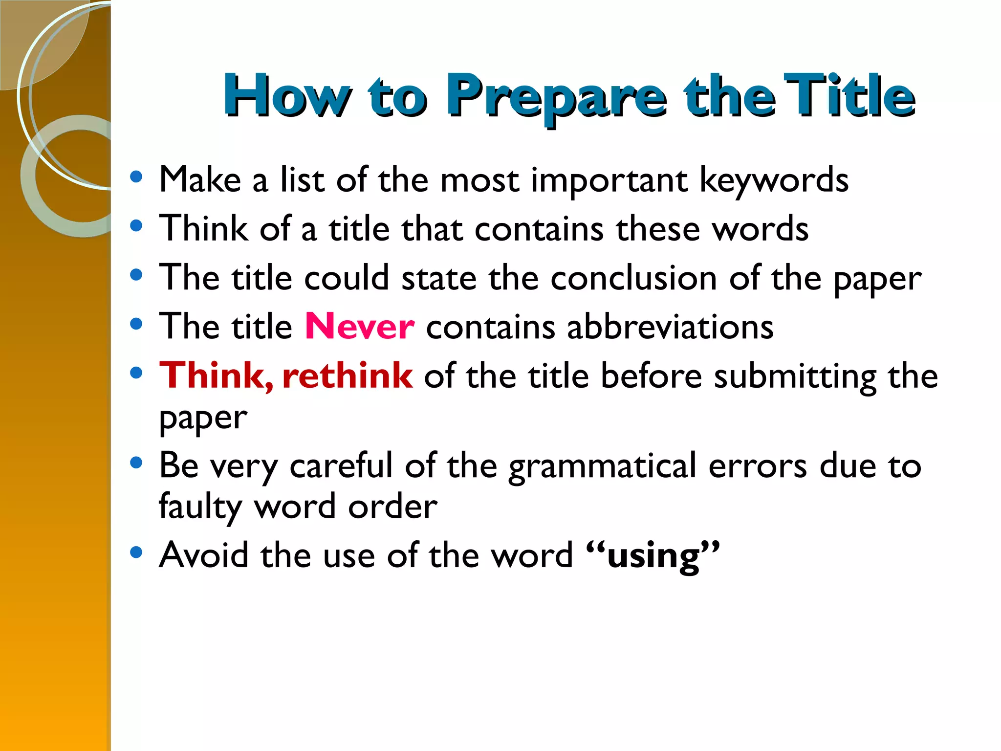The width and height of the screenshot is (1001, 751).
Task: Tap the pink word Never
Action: (360, 327)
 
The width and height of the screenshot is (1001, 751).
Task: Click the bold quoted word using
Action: (653, 556)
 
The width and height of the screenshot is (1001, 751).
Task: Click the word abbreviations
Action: (670, 327)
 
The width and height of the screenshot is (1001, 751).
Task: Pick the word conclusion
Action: (634, 278)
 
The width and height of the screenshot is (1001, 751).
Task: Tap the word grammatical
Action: (602, 465)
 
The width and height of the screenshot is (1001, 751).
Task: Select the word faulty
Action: (200, 507)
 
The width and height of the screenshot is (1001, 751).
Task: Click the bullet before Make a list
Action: (136, 177)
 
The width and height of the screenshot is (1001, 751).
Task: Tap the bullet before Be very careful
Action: (136, 463)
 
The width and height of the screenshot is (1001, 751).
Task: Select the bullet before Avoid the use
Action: (136, 552)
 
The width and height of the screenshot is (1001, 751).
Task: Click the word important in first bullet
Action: (609, 181)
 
